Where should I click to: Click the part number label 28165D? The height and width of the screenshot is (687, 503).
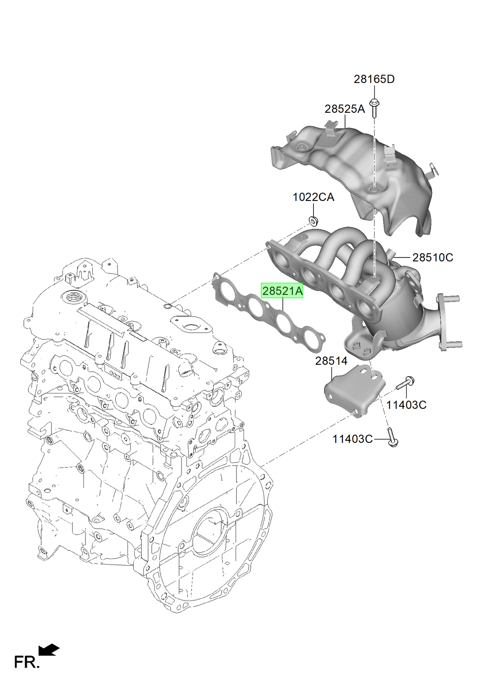click(374, 79)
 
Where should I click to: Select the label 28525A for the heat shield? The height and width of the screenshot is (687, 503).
click(345, 109)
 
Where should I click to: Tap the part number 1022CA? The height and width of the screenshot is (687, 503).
click(313, 197)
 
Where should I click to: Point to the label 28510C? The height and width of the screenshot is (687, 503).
click(433, 258)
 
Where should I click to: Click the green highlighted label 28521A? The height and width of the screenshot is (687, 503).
click(282, 291)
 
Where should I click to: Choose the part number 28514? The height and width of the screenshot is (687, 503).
click(331, 361)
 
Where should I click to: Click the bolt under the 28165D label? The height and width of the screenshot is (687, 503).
click(374, 108)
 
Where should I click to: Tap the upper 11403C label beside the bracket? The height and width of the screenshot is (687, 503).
click(406, 405)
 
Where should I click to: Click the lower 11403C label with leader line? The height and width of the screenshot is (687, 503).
click(353, 439)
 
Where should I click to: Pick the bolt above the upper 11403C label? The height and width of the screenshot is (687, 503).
click(405, 383)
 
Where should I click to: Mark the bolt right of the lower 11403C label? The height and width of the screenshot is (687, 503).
click(392, 437)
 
